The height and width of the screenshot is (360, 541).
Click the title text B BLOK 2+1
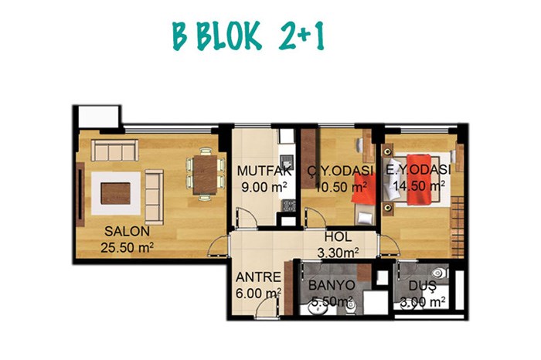click(x=248, y=36)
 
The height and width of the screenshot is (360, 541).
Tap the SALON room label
click(x=127, y=232)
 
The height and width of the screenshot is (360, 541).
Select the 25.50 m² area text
click(x=127, y=247)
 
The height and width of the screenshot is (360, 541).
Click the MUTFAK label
click(x=264, y=171)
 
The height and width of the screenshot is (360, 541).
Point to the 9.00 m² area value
click(x=264, y=187)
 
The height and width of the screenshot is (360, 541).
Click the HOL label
click(x=338, y=237)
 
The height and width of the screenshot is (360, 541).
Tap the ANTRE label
click(x=258, y=277)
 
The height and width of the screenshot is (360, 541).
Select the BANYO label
click(x=332, y=285)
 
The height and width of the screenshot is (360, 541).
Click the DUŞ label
click(x=422, y=286)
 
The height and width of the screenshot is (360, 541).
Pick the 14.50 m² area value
click(x=419, y=186)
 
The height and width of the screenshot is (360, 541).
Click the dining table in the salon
click(x=205, y=175)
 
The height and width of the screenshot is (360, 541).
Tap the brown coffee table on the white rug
click(x=116, y=194)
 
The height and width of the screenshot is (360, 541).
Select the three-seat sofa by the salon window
click(x=115, y=151)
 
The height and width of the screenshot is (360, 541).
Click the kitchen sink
click(x=287, y=161)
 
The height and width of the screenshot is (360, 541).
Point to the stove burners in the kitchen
click(x=289, y=205)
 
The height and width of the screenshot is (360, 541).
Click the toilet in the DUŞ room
click(x=438, y=273)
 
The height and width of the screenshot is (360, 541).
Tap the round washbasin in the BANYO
click(x=318, y=309)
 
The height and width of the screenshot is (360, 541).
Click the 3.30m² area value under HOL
click(x=338, y=253)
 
